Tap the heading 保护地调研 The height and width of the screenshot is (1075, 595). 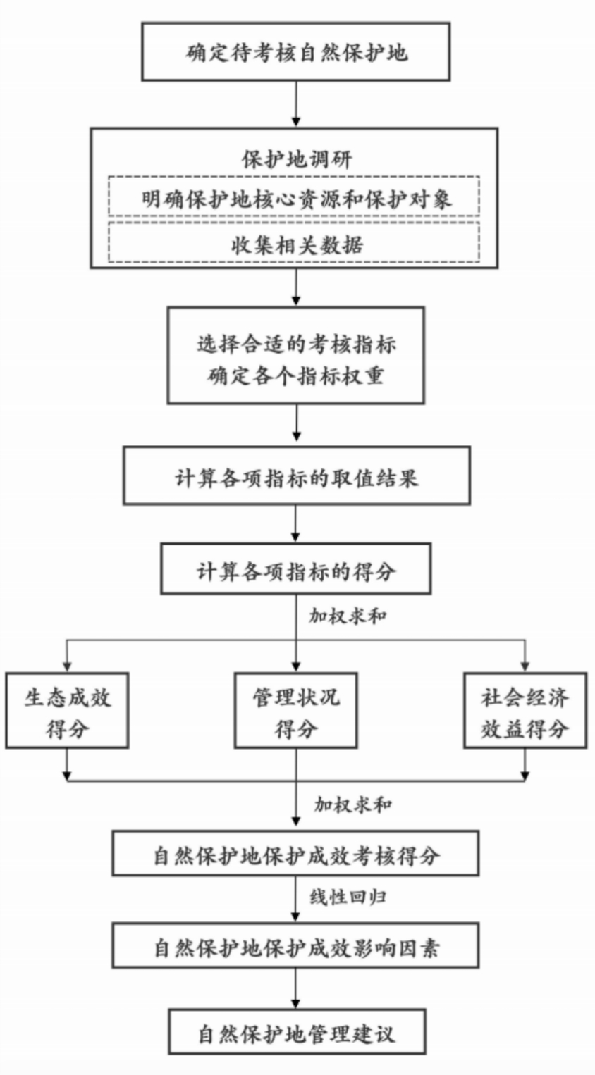tap(296, 159)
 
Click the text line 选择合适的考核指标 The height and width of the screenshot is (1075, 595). tap(296, 344)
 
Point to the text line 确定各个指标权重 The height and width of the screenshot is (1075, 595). tap(296, 375)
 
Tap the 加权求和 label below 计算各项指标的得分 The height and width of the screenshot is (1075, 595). tap(348, 616)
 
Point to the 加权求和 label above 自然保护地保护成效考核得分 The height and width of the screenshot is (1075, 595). tap(353, 804)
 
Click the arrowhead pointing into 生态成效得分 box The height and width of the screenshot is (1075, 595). tap(67, 668)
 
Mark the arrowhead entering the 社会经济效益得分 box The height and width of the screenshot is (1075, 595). tap(525, 668)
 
